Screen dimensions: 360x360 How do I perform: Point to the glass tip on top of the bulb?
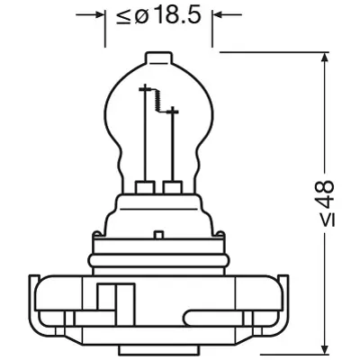click(x=158, y=57)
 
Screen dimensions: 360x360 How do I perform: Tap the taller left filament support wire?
click(x=144, y=135)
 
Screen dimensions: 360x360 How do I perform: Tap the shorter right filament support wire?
click(x=173, y=144)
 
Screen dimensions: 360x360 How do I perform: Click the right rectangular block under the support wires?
click(x=172, y=187)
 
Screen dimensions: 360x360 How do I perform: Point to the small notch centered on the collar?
click(x=158, y=232)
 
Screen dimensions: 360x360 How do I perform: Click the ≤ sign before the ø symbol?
click(x=123, y=17)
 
